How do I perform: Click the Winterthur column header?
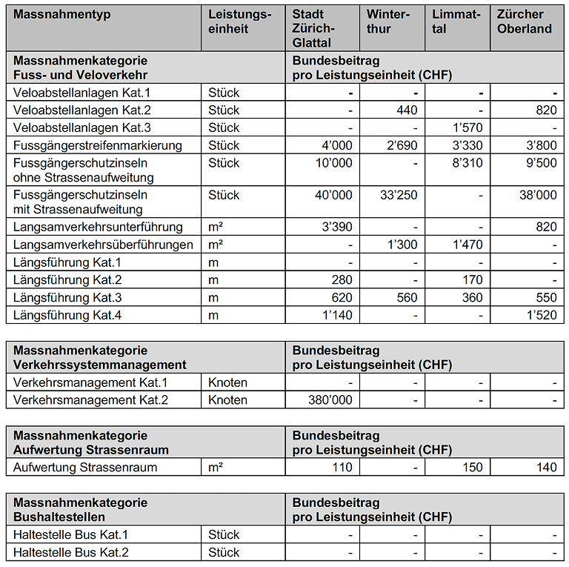tap(388, 21)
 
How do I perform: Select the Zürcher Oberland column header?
tap(525, 21)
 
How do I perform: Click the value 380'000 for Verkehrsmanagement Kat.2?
tap(330, 400)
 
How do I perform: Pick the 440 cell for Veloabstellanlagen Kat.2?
tap(407, 110)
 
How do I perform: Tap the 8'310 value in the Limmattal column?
tap(467, 163)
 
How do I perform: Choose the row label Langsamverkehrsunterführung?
tap(98, 227)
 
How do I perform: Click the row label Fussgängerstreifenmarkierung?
tap(97, 145)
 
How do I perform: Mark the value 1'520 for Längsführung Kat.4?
tap(542, 316)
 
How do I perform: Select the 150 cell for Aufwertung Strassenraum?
tap(472, 468)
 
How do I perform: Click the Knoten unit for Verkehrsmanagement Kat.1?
tap(227, 382)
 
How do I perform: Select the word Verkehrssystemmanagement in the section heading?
tap(99, 365)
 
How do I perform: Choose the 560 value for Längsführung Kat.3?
tap(407, 298)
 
